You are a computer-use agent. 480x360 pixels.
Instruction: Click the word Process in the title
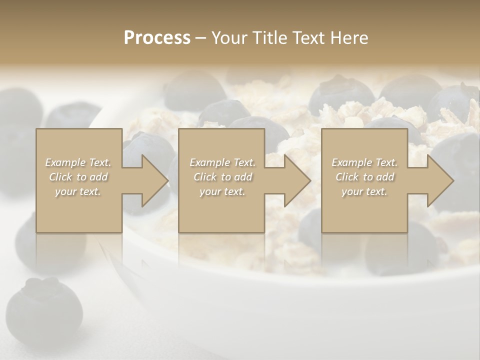[157, 38]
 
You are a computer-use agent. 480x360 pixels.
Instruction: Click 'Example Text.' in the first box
[78, 162]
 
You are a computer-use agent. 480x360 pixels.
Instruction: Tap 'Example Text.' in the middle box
[222, 162]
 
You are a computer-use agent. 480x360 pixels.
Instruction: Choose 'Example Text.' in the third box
[364, 162]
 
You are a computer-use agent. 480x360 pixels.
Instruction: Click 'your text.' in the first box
[78, 191]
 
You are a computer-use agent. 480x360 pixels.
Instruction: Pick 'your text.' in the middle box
[222, 191]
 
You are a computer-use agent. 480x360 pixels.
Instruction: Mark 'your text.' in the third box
[364, 191]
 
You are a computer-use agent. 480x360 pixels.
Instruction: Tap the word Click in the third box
[347, 177]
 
